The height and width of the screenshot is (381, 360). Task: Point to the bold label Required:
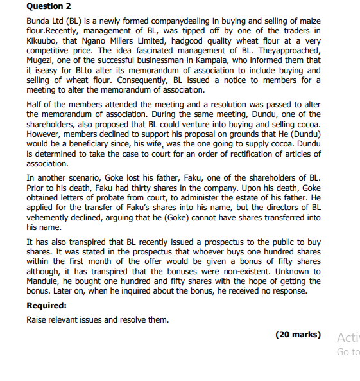click(x=49, y=306)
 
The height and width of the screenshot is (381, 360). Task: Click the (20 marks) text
click(x=298, y=335)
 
